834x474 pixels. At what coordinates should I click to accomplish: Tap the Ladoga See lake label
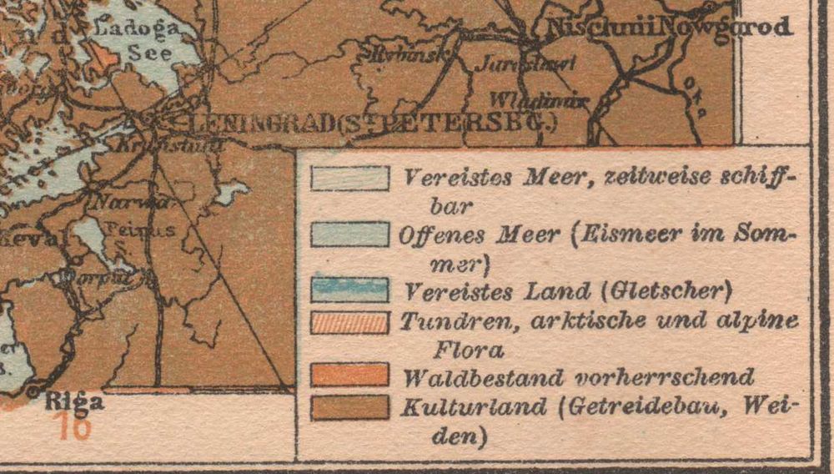(x=138, y=41)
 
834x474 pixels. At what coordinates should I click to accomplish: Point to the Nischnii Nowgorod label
(x=667, y=28)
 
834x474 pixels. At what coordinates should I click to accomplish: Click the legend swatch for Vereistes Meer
(x=349, y=178)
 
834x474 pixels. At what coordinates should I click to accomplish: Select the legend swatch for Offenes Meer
(x=349, y=234)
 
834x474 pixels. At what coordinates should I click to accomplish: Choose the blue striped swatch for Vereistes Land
(x=349, y=290)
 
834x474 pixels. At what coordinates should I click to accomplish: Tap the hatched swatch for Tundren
(x=349, y=322)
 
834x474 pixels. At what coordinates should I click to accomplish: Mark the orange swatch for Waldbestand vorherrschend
(x=349, y=375)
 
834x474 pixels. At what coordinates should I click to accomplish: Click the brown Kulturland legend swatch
(x=349, y=407)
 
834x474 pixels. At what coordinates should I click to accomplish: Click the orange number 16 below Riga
(x=76, y=426)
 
